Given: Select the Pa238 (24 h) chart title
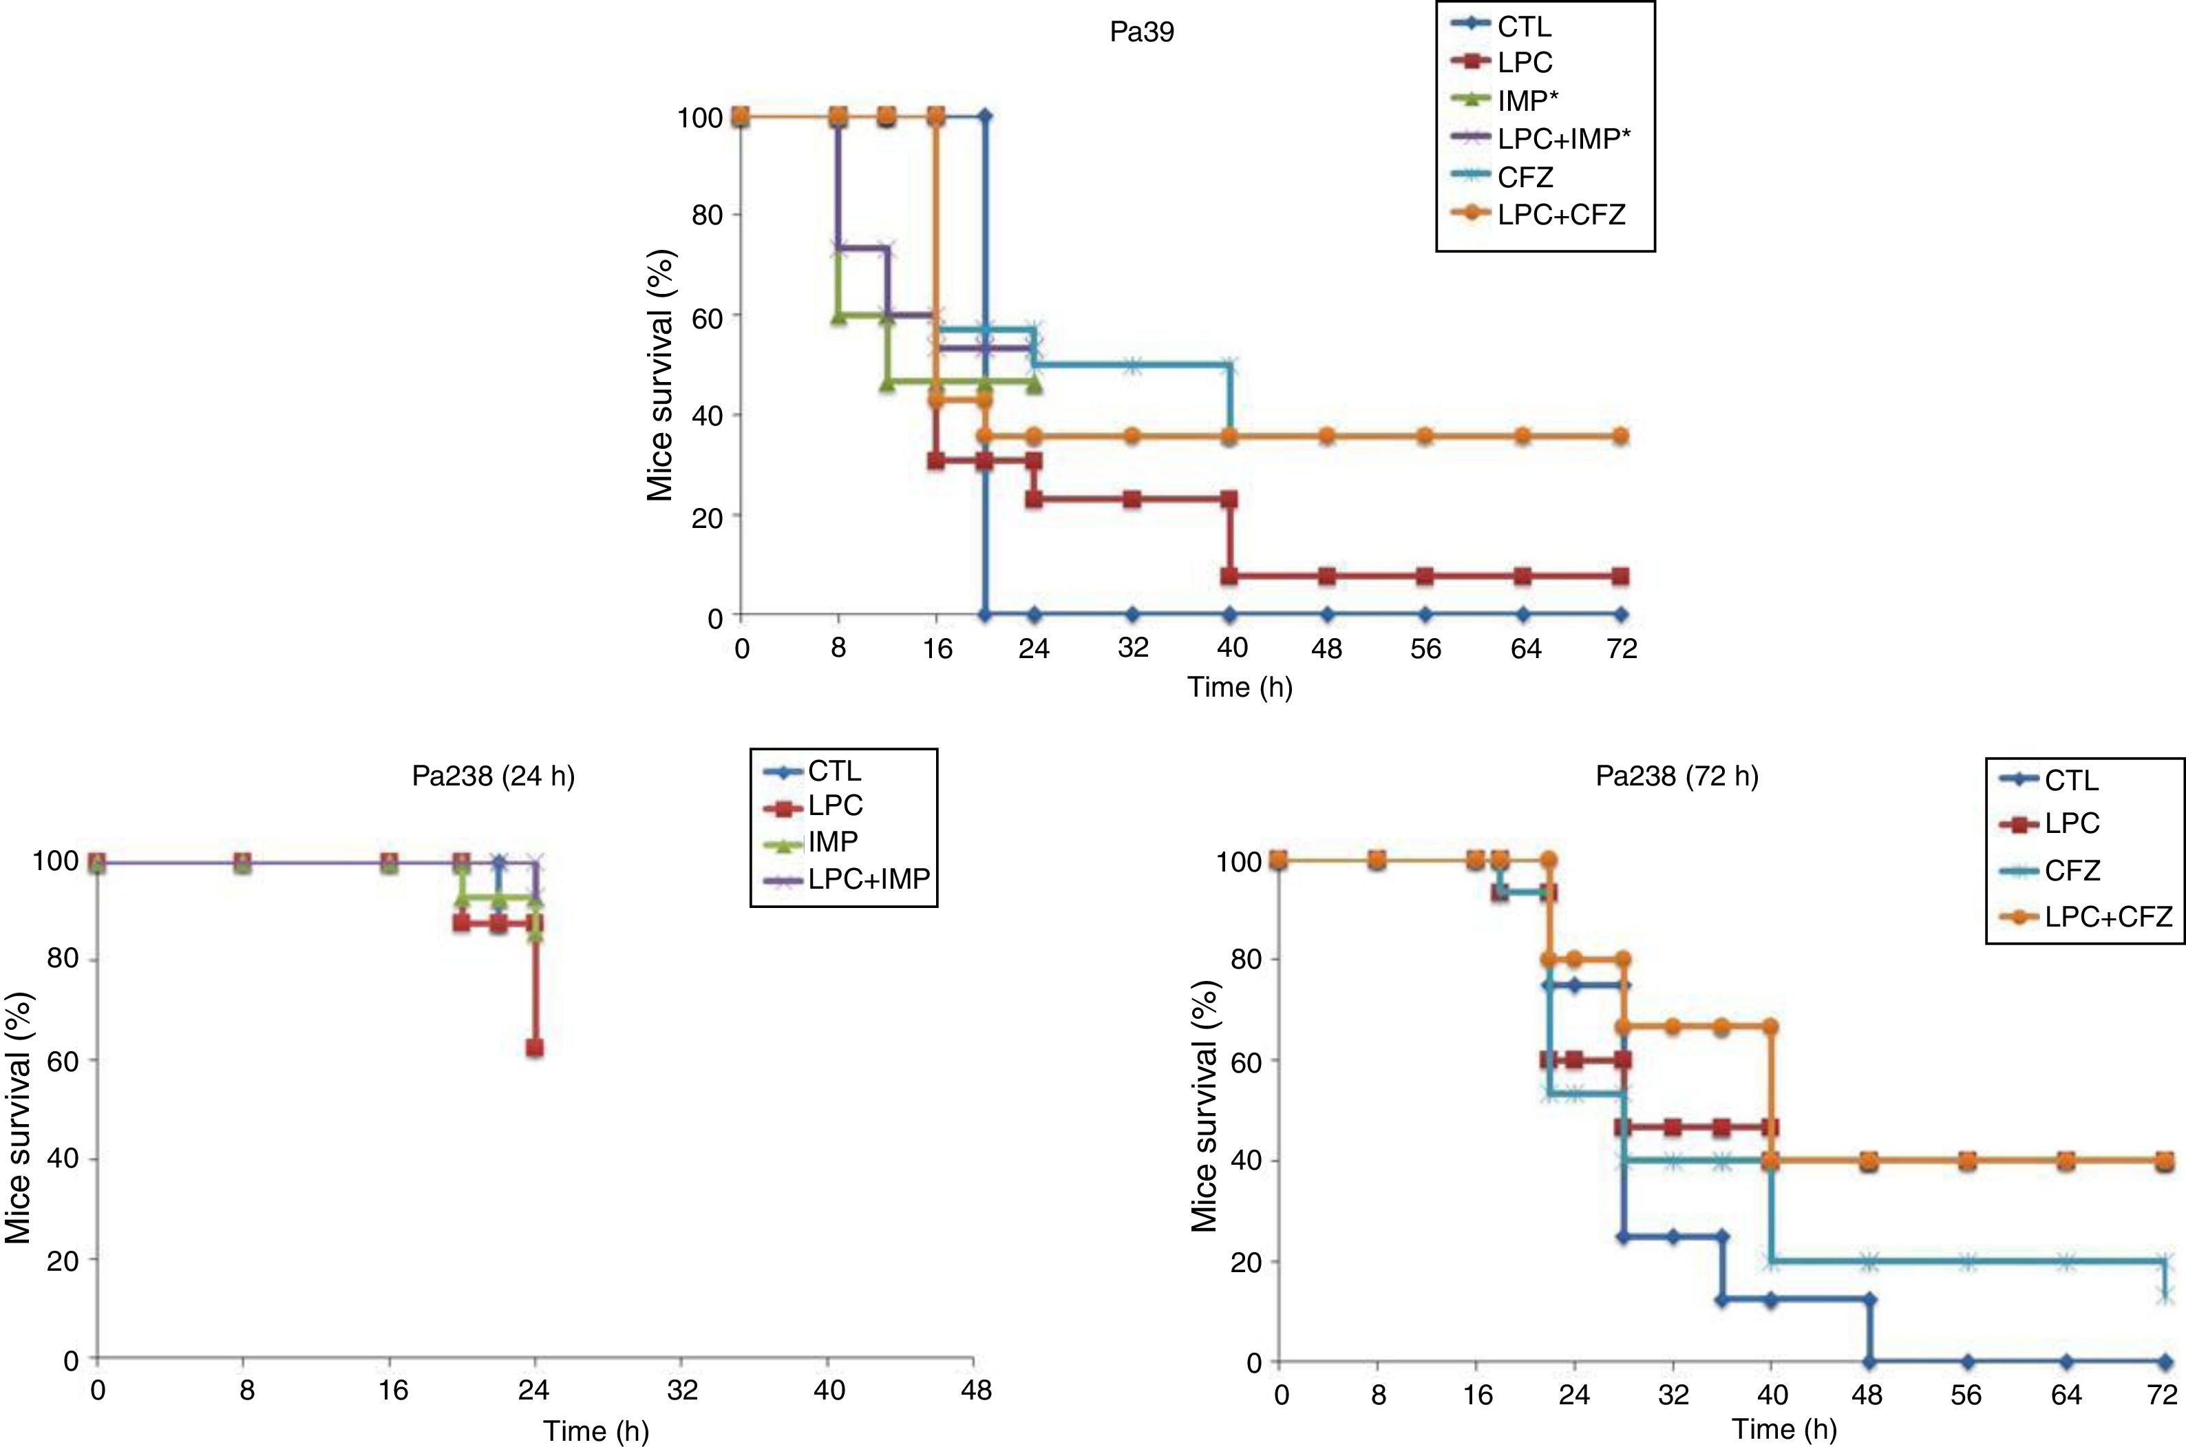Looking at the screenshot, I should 493,776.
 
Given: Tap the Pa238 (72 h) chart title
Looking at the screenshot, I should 1677,776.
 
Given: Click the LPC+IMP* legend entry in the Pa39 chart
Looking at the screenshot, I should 1560,138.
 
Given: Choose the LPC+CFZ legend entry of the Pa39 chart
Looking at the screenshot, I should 1560,214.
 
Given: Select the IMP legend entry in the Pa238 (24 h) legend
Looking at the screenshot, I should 832,842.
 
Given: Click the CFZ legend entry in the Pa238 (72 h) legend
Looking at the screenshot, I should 2072,869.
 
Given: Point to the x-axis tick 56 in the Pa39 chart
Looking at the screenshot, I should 1425,648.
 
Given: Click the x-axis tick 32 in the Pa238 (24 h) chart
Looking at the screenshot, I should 682,1390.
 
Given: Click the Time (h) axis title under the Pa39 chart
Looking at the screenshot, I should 1239,688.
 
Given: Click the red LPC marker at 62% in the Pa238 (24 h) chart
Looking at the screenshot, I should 534,1048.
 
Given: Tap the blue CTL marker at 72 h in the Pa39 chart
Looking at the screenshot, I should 1622,615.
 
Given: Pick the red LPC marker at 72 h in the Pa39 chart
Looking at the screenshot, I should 1622,577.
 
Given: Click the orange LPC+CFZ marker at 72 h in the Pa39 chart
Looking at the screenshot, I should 1622,436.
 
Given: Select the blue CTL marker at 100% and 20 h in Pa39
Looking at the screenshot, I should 986,116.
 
